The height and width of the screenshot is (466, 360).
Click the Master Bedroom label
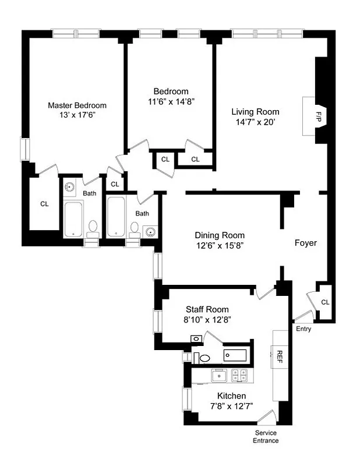click(77, 105)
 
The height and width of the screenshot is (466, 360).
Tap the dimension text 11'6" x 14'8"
click(171, 101)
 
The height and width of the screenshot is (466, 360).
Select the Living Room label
click(255, 112)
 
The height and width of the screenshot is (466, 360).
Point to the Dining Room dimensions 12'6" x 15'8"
click(218, 245)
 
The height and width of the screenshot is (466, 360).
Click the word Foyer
click(306, 243)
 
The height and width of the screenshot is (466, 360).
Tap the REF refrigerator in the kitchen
click(279, 356)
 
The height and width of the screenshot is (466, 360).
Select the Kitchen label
click(231, 396)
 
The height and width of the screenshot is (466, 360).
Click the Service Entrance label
click(266, 437)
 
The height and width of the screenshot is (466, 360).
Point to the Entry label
click(303, 329)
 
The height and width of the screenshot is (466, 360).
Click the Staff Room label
click(207, 309)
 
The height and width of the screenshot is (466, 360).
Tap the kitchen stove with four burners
click(239, 376)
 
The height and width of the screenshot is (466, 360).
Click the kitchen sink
click(220, 376)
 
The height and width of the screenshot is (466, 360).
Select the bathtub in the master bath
click(73, 219)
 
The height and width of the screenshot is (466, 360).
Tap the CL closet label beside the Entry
click(325, 302)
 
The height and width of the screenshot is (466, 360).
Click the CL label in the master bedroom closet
click(44, 204)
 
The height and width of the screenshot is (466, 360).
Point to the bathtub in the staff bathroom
click(235, 354)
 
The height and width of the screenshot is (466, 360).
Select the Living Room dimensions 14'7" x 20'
click(255, 122)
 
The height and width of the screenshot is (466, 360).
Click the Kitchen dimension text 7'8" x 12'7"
click(231, 407)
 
